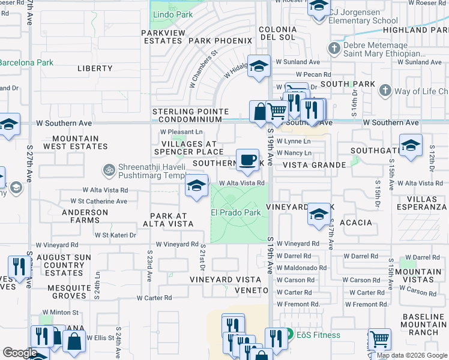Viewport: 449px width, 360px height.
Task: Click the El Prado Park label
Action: tap(235, 212)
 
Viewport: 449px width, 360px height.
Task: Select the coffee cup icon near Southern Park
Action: tap(247, 160)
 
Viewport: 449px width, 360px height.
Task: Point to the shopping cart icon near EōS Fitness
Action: tap(379, 340)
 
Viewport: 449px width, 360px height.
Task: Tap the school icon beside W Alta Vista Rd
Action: tap(196, 186)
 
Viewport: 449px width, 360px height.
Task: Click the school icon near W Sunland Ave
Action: tap(259, 66)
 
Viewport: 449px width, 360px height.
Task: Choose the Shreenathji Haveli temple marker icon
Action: tap(109, 170)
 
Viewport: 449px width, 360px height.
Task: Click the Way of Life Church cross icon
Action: tap(385, 91)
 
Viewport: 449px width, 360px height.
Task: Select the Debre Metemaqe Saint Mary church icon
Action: tap(334, 47)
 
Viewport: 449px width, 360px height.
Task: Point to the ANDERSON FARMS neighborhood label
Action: tap(85, 216)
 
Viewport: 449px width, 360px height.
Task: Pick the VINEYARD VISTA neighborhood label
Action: tap(225, 280)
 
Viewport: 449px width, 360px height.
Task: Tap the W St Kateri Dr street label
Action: tap(115, 235)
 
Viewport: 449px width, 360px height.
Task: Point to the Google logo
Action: tap(20, 353)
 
